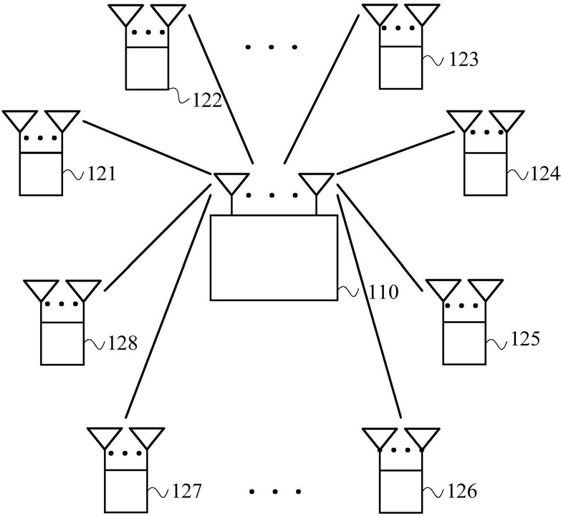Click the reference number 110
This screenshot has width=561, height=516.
[383, 292]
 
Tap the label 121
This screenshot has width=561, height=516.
[102, 174]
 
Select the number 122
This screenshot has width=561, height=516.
[208, 100]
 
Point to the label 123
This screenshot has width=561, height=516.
[464, 59]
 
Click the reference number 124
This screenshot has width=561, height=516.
[545, 174]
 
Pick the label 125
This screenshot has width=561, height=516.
[525, 339]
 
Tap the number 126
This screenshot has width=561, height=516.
[462, 492]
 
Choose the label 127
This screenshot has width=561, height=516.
[187, 491]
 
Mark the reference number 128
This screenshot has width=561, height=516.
[123, 343]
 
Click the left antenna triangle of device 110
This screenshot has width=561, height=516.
[231, 183]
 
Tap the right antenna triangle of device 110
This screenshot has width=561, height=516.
[316, 183]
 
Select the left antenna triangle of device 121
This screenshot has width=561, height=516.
[19, 120]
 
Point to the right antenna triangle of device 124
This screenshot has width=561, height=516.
[507, 120]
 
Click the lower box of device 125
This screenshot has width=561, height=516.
[464, 343]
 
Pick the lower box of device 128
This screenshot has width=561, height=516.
[62, 343]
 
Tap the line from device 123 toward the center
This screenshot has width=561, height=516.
[321, 89]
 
